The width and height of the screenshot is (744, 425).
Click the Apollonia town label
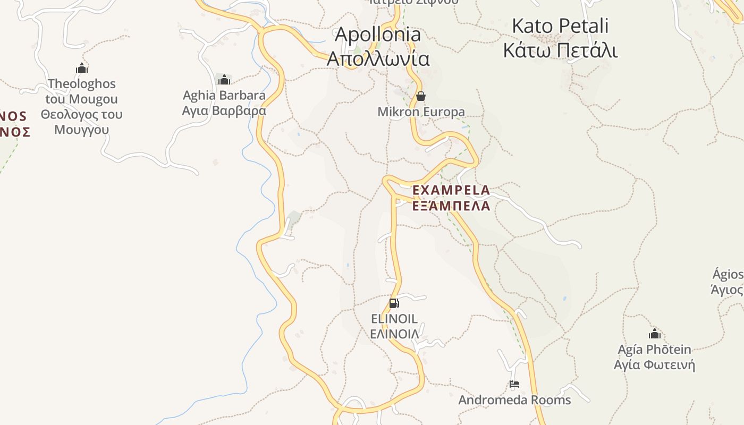[x=378, y=35]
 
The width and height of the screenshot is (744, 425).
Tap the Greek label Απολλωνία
[x=378, y=58]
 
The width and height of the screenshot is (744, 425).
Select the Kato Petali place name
[x=560, y=26]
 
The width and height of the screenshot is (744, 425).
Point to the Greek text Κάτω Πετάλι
[x=560, y=51]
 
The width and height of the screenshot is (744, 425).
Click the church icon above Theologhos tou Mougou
[x=81, y=68]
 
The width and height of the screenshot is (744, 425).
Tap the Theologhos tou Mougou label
[x=81, y=91]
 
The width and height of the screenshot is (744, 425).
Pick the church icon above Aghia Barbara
[x=224, y=80]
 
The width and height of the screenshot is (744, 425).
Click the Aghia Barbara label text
[x=224, y=96]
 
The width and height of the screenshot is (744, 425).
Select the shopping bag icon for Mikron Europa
[x=421, y=96]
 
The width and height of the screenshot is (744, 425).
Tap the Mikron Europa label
[x=421, y=112]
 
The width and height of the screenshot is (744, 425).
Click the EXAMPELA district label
[x=451, y=190]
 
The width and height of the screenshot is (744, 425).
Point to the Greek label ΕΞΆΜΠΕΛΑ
[x=451, y=206]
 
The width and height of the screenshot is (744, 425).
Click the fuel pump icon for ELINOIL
[x=394, y=303]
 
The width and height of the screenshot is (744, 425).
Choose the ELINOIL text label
[x=394, y=319]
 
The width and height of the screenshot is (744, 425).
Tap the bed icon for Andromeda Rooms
[x=514, y=384]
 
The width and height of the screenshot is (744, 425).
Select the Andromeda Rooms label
[x=514, y=400]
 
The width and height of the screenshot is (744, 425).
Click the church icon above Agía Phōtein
[x=654, y=334]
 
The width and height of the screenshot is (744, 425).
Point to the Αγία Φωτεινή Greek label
[x=654, y=365]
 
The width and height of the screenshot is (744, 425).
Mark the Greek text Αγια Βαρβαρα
[x=224, y=111]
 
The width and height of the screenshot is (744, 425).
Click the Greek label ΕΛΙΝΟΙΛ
[x=394, y=334]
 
